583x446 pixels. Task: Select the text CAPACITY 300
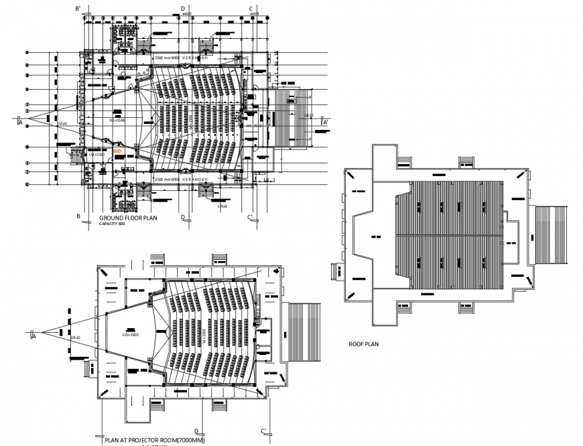pos(112,224)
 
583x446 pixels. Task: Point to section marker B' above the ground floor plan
pos(78,8)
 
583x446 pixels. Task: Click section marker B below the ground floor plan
pos(78,216)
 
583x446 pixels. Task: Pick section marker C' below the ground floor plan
pos(249,216)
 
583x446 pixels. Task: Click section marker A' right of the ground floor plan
pos(324,122)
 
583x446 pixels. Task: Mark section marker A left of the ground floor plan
pos(20,123)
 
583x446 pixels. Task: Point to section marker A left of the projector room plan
pos(33,335)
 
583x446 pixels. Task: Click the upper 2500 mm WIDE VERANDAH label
pos(182,58)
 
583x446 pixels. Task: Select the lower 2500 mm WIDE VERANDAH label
pos(182,180)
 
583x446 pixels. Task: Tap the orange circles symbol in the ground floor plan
pos(117,152)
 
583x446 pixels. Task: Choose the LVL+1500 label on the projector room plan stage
pos(130,333)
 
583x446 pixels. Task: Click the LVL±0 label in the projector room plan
pos(75,337)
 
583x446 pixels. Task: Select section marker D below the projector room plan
pos(196,431)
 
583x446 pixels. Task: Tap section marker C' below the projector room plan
pos(264,430)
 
